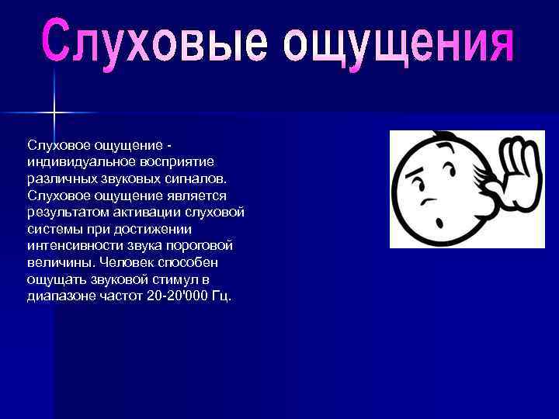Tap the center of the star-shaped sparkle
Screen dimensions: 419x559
[x=54, y=113]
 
